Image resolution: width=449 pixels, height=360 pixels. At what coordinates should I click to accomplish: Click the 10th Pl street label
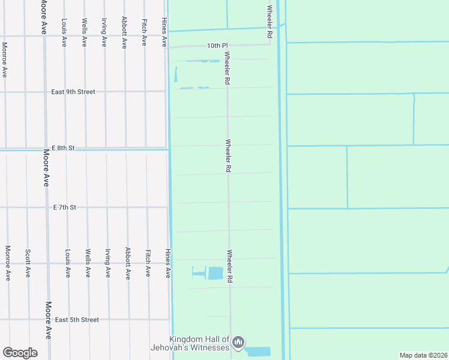[x=218, y=46]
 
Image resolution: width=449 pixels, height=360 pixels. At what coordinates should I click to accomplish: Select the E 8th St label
[x=62, y=148]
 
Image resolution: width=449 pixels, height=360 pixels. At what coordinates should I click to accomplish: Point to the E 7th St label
[x=65, y=207]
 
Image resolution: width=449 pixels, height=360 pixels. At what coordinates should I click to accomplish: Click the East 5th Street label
[x=77, y=320]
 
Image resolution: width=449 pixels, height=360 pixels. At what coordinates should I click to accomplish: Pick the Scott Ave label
[x=28, y=263]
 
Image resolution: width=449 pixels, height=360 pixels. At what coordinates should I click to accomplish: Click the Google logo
[x=20, y=352]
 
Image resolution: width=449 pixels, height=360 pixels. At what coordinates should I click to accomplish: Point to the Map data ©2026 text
[x=423, y=355]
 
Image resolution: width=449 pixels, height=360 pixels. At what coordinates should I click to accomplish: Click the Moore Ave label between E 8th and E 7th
[x=46, y=168]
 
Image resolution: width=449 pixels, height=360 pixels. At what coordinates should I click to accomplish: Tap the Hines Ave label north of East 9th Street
[x=164, y=32]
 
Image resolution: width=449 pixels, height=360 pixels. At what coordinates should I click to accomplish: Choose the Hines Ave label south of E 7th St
[x=168, y=263]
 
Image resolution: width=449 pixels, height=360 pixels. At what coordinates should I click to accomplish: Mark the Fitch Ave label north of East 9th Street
[x=144, y=32]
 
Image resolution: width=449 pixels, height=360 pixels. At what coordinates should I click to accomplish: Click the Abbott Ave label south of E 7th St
[x=128, y=263]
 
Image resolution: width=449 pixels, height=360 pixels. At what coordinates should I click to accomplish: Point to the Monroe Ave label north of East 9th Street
[x=5, y=59]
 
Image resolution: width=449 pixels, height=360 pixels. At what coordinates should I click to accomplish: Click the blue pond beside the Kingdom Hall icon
[x=258, y=352]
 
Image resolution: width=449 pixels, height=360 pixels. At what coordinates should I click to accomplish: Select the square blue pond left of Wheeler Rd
[x=215, y=273]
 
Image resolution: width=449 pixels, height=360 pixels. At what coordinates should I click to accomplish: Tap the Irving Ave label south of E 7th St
[x=108, y=263]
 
